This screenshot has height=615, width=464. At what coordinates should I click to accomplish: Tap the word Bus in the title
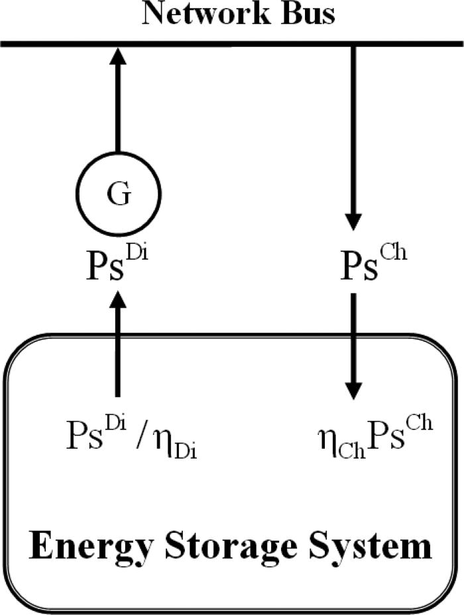[x=310, y=14]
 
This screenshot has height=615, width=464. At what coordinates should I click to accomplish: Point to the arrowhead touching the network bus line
[x=118, y=56]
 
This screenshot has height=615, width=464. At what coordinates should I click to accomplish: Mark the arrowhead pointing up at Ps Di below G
[x=118, y=300]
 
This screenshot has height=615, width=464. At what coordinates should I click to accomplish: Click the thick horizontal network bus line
[x=232, y=44]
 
